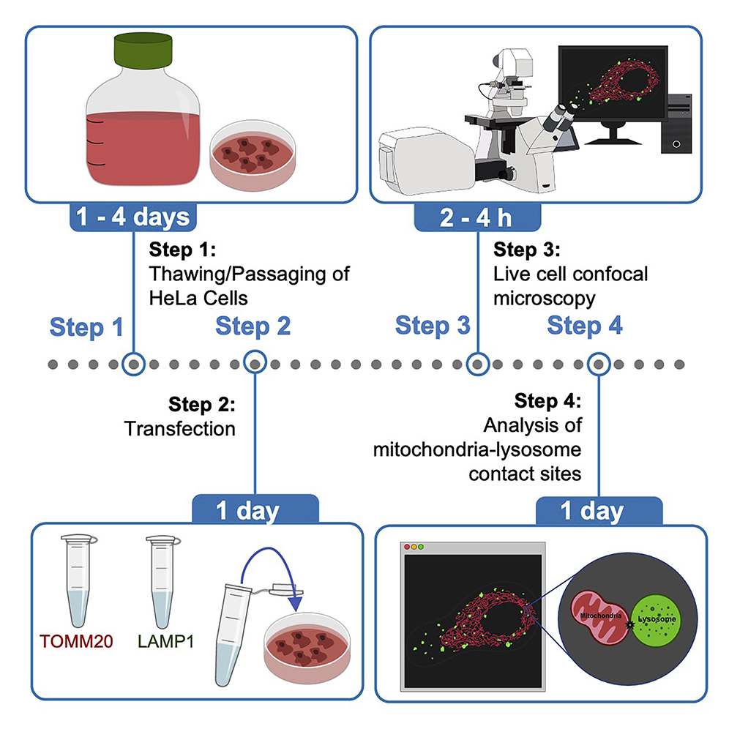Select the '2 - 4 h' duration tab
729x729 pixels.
coord(478,217)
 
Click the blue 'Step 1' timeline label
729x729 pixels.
coord(86,327)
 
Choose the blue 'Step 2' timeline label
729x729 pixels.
coord(253,326)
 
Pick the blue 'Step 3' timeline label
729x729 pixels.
coord(433,326)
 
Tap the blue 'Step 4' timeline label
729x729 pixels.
coord(586,326)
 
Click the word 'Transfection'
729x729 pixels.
coord(180,427)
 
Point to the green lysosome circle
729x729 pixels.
coord(657,618)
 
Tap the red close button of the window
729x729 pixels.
coord(407,547)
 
